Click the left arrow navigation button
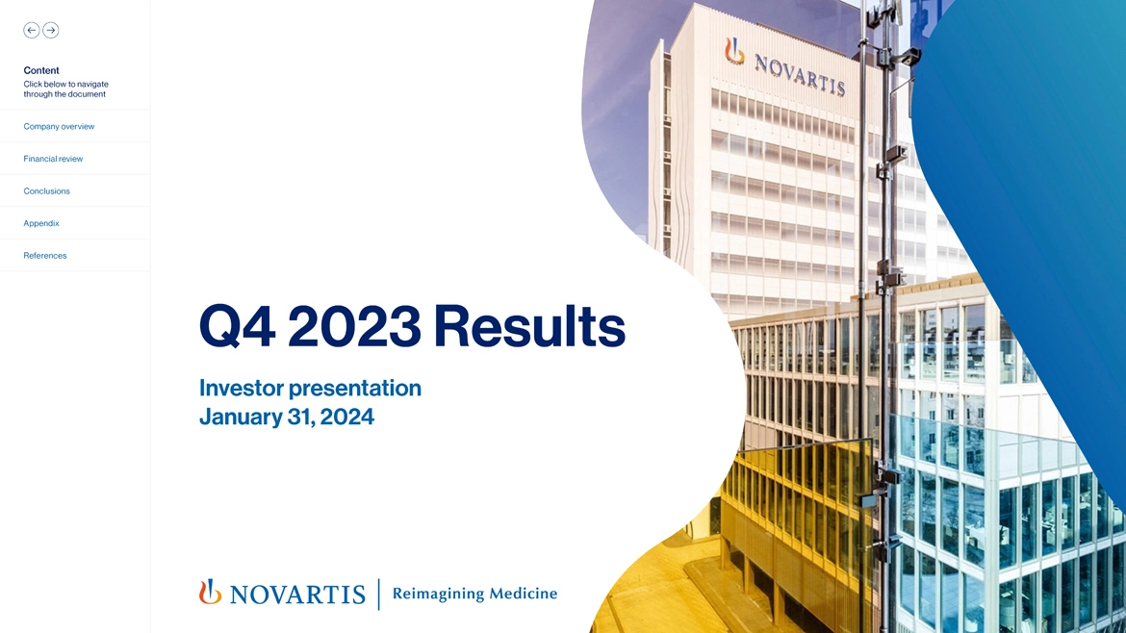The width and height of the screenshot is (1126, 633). tap(32, 31)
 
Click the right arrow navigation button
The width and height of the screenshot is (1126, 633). tap(51, 31)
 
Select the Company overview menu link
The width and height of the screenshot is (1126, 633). tap(59, 126)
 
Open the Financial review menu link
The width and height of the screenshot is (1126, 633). tap(53, 159)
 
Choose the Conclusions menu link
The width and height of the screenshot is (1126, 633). tap(46, 190)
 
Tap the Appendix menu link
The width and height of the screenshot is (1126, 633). tap(41, 223)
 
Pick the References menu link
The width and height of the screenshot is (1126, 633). tap(45, 255)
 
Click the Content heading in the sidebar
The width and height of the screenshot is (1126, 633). tap(41, 70)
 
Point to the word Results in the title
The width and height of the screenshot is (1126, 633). tap(528, 327)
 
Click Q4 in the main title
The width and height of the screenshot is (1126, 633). tap(237, 327)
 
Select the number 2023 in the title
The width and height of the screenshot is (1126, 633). tap(353, 327)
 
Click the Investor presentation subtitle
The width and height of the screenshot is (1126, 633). tap(310, 388)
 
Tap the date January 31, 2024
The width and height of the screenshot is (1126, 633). tap(286, 417)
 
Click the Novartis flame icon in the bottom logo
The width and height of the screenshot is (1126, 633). tap(210, 592)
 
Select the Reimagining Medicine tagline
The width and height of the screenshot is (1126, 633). tap(474, 594)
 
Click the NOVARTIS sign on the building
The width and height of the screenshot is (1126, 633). tap(799, 71)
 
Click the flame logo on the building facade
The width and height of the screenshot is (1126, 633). tap(734, 51)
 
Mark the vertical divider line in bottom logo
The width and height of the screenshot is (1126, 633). tap(379, 594)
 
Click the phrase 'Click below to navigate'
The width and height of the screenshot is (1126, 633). tap(65, 84)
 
